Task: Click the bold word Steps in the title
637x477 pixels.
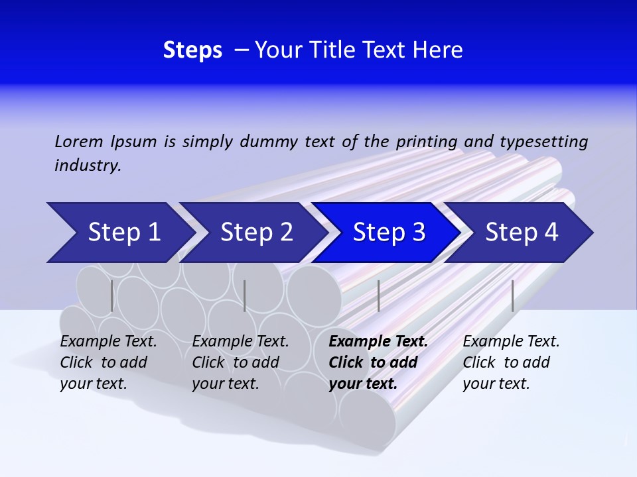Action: click(x=192, y=50)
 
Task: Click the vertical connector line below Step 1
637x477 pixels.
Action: click(x=112, y=295)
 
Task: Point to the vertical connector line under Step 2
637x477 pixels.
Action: click(x=245, y=295)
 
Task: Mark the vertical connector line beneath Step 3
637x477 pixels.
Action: click(x=378, y=295)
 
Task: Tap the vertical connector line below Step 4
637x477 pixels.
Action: click(x=512, y=295)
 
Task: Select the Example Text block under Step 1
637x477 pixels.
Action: click(x=109, y=362)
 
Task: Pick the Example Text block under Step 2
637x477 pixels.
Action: click(x=240, y=362)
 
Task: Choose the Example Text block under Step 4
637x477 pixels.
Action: click(x=511, y=362)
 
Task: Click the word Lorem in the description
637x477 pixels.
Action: click(x=79, y=141)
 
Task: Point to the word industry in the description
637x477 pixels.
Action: click(x=87, y=166)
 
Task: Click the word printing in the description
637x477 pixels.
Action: click(x=426, y=142)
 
